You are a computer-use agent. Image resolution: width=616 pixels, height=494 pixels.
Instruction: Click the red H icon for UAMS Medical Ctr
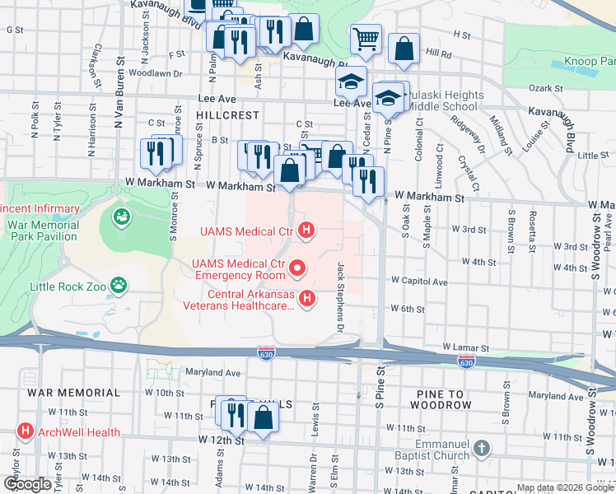point(306,231)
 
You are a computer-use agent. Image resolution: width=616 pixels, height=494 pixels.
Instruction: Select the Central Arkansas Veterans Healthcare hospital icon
point(306,298)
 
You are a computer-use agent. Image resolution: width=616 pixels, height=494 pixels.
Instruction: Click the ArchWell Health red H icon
point(26,431)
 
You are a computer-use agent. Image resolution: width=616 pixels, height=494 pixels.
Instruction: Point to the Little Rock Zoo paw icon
point(120,286)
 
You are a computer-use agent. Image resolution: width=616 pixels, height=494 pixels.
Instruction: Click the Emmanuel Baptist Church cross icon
point(482,450)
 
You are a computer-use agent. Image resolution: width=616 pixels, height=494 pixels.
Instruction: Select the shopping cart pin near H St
point(365,37)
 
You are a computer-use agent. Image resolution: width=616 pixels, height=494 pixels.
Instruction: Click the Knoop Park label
point(589,62)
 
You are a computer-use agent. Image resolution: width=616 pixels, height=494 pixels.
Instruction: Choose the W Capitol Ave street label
point(419,282)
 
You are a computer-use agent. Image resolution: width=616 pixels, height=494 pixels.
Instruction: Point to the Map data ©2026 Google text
point(565,487)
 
